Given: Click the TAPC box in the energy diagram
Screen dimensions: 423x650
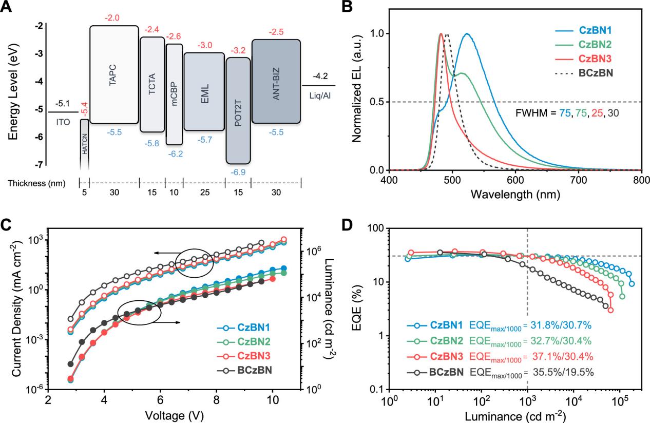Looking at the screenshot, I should (x=114, y=74).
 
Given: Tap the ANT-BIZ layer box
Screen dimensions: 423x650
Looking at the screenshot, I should (x=276, y=81).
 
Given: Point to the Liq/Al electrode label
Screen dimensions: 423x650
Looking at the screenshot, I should (x=318, y=95).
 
